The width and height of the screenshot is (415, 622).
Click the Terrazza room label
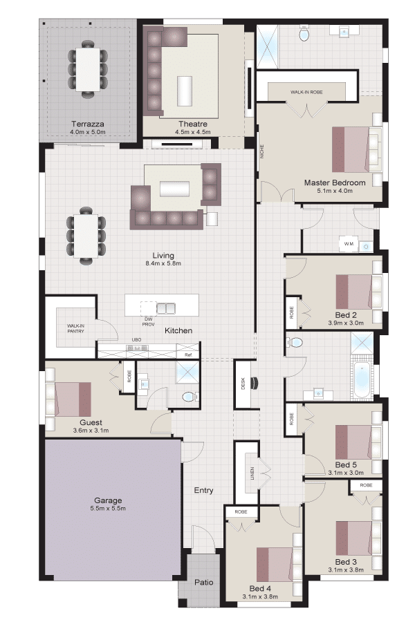click(88, 124)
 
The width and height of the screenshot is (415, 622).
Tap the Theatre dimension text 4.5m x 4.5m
click(193, 132)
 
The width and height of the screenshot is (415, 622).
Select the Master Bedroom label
click(335, 182)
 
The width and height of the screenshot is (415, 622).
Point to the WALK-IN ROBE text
click(306, 92)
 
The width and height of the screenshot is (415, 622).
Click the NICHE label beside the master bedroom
click(261, 151)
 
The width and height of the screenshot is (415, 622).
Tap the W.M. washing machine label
click(349, 243)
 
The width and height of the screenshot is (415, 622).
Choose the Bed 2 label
click(346, 315)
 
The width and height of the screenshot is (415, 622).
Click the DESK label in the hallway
click(243, 383)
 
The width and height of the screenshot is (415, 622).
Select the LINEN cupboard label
click(252, 473)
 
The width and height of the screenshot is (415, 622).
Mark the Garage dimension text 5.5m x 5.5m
click(108, 508)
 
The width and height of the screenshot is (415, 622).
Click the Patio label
click(204, 583)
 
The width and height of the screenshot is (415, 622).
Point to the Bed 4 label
click(260, 589)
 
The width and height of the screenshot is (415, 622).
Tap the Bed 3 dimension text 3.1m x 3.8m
click(346, 570)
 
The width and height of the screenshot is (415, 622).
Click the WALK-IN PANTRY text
click(75, 328)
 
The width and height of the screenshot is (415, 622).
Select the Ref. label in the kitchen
click(188, 355)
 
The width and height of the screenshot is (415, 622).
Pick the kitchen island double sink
click(166, 309)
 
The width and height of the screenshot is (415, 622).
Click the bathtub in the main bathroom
click(362, 379)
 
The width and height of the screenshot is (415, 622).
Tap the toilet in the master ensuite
click(304, 35)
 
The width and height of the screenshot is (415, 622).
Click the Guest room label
click(91, 422)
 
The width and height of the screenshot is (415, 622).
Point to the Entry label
click(204, 490)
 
